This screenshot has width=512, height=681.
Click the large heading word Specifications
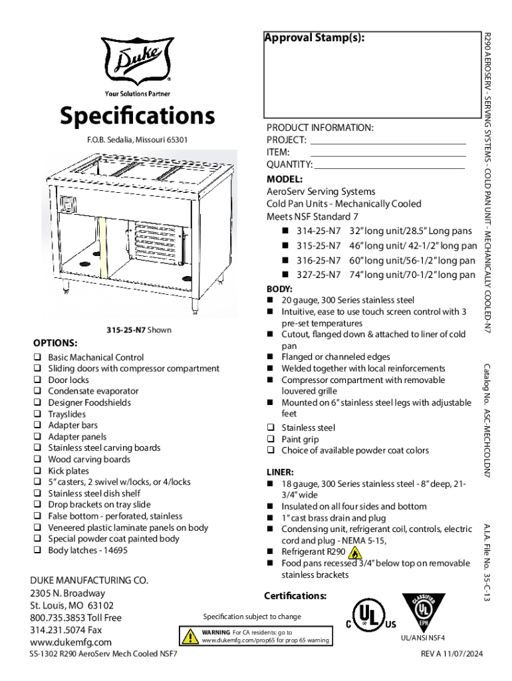pyautogui.click(x=136, y=116)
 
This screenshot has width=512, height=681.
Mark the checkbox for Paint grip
pyautogui.click(x=271, y=440)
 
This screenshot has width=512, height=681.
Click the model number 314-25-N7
pyautogui.click(x=319, y=231)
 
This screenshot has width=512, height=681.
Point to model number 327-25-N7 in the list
pyautogui.click(x=319, y=275)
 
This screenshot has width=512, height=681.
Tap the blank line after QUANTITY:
pyautogui.click(x=390, y=165)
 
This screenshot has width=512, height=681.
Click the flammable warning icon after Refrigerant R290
pyautogui.click(x=356, y=553)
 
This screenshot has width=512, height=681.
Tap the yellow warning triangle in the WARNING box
pyautogui.click(x=191, y=636)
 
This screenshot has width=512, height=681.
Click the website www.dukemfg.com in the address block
pyautogui.click(x=70, y=642)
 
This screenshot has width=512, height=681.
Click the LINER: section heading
pyautogui.click(x=280, y=472)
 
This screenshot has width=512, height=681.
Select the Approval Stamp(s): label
pyautogui.click(x=314, y=37)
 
